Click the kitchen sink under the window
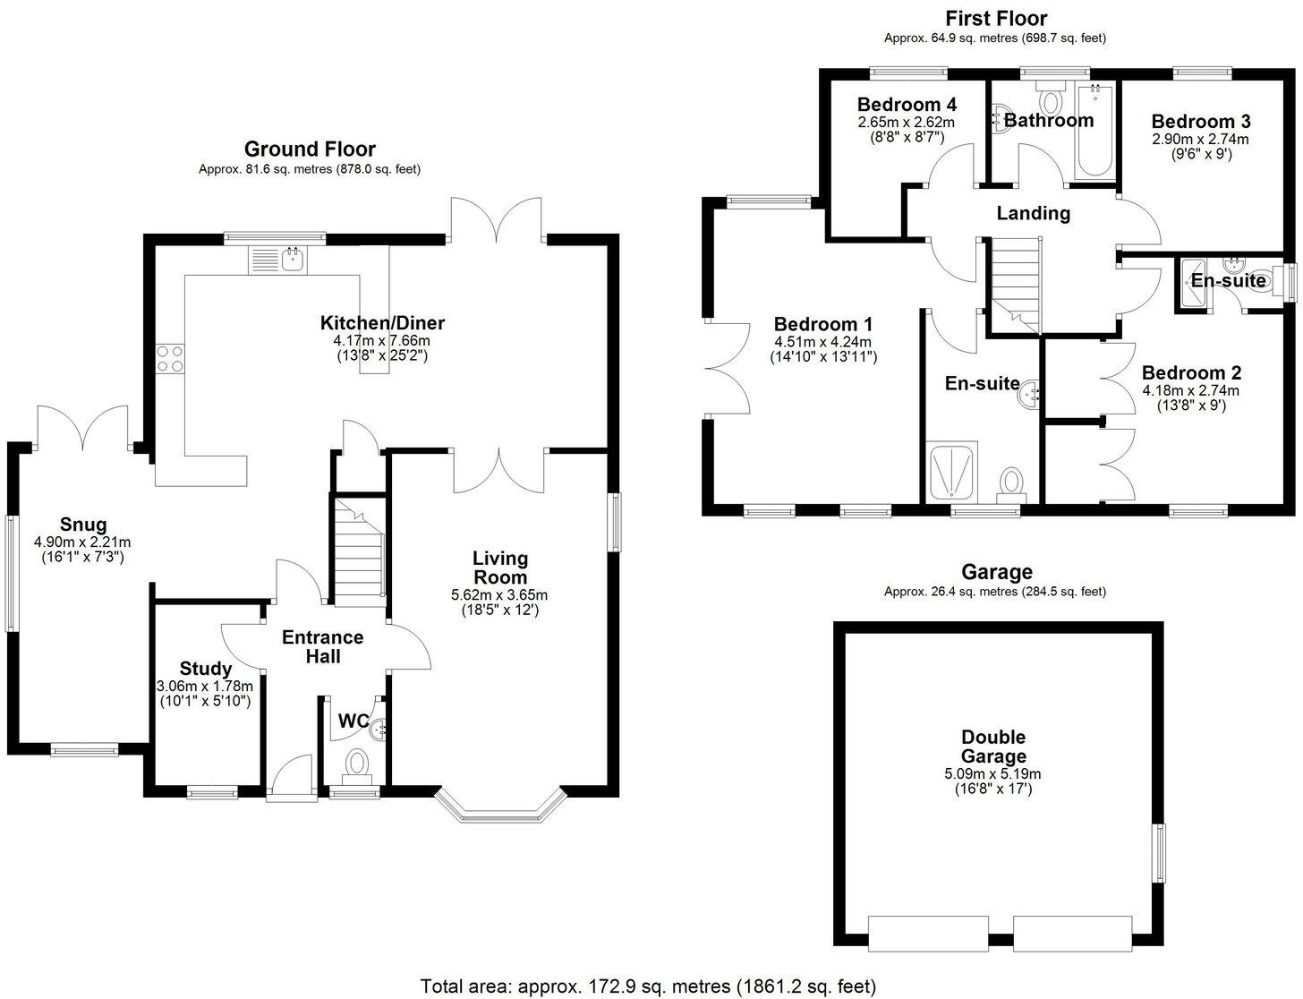click(x=277, y=260)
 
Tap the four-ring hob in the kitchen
click(x=170, y=359)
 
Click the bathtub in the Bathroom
click(x=1094, y=132)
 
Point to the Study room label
click(x=205, y=669)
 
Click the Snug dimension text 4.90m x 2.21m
click(x=82, y=542)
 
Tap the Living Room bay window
click(x=500, y=806)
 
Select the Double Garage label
click(x=993, y=747)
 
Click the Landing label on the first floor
click(x=1033, y=213)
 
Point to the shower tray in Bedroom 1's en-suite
click(x=951, y=473)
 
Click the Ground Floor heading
click(x=310, y=149)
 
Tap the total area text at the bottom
click(x=648, y=986)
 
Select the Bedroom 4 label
click(x=907, y=105)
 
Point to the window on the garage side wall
click(x=1161, y=853)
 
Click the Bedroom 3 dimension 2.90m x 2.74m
click(x=1200, y=139)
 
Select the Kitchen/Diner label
click(x=382, y=323)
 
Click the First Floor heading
click(x=996, y=19)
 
